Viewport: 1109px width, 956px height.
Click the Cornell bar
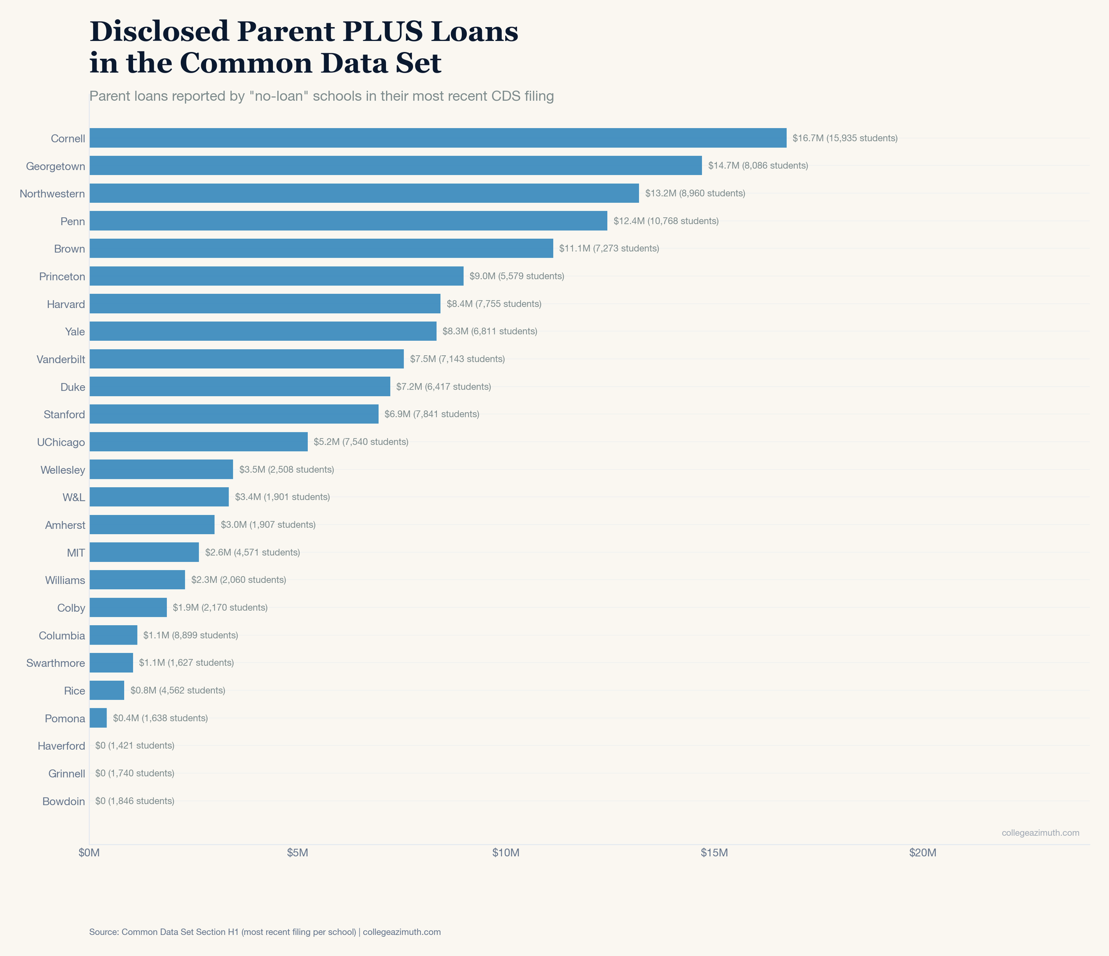click(438, 138)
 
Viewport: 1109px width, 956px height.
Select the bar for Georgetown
click(395, 166)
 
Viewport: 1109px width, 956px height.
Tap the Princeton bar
click(276, 276)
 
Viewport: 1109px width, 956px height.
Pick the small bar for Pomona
click(98, 718)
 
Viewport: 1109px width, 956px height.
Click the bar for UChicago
click(199, 442)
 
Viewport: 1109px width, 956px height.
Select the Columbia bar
click(113, 635)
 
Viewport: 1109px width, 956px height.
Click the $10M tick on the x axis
click(506, 853)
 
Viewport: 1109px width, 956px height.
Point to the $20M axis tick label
click(923, 853)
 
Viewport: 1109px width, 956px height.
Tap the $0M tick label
click(89, 853)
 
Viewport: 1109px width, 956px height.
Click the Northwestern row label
click(52, 193)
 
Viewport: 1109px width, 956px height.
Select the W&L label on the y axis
click(74, 497)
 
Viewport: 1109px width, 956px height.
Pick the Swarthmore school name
click(55, 663)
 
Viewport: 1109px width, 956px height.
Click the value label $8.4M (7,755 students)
click(494, 304)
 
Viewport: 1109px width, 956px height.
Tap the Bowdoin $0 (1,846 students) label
click(135, 801)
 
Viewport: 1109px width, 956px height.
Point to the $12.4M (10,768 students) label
click(666, 221)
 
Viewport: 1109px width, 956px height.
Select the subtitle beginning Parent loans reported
click(322, 96)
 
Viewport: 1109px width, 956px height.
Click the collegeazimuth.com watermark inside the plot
click(1040, 833)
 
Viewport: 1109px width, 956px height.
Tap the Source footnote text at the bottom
click(264, 932)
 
